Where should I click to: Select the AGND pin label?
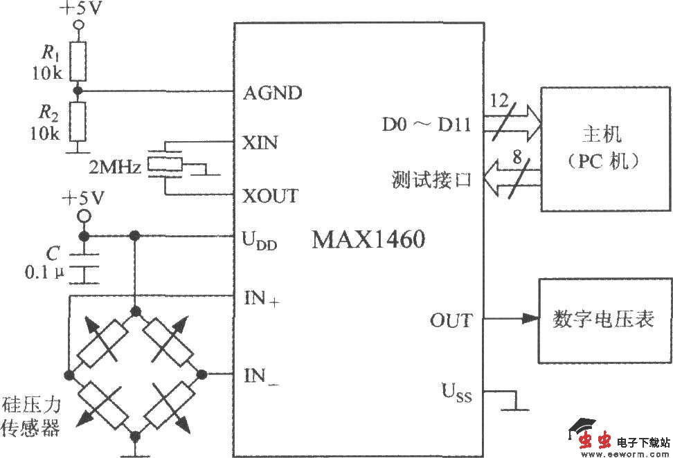[x=273, y=93]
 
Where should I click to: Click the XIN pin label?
[x=260, y=143]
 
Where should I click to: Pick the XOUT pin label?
[x=271, y=196]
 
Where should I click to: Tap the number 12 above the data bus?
[x=499, y=100]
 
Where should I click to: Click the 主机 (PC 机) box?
[x=606, y=149]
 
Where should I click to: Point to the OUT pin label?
[x=451, y=320]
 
